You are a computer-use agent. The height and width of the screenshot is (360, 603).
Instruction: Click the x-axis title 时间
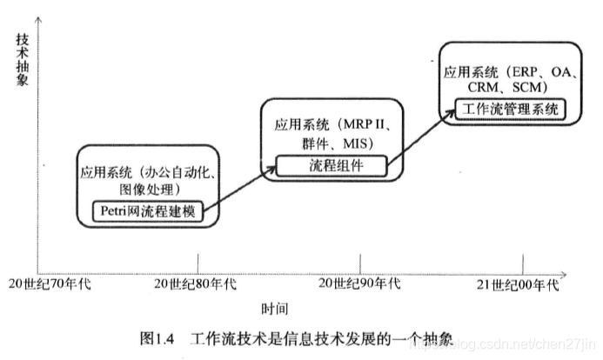pos(273,309)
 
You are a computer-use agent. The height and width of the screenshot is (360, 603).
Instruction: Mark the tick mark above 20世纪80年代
pos(198,262)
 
